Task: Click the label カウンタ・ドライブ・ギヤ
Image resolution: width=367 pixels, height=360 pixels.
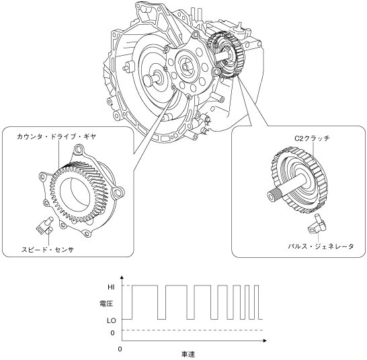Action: [x=56, y=137]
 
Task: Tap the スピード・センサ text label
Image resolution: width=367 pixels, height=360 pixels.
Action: [x=48, y=250]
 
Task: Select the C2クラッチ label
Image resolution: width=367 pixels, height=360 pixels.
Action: [x=312, y=138]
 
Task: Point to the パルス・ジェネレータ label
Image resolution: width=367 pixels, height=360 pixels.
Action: [x=321, y=246]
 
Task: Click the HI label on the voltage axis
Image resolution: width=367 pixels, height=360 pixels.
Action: [x=111, y=287]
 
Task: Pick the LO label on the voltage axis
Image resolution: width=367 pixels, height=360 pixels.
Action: [x=112, y=320]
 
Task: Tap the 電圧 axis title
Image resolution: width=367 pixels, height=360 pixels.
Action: [x=106, y=304]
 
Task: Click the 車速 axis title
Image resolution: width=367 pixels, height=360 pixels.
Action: [x=188, y=354]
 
